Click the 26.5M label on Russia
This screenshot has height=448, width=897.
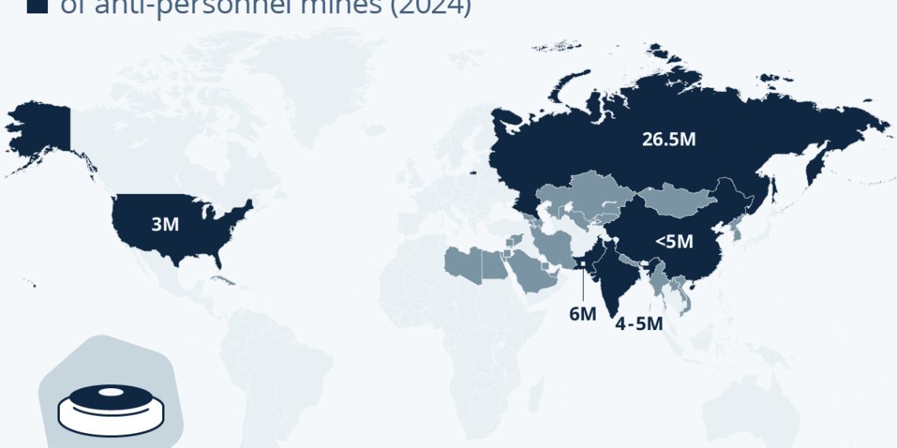pyautogui.click(x=668, y=141)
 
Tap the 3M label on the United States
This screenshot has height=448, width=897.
pyautogui.click(x=165, y=224)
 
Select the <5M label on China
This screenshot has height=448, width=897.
pyautogui.click(x=674, y=241)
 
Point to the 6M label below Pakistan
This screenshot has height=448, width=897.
pyautogui.click(x=582, y=314)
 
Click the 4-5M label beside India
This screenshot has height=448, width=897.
pyautogui.click(x=639, y=323)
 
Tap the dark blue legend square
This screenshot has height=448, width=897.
pyautogui.click(x=36, y=6)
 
